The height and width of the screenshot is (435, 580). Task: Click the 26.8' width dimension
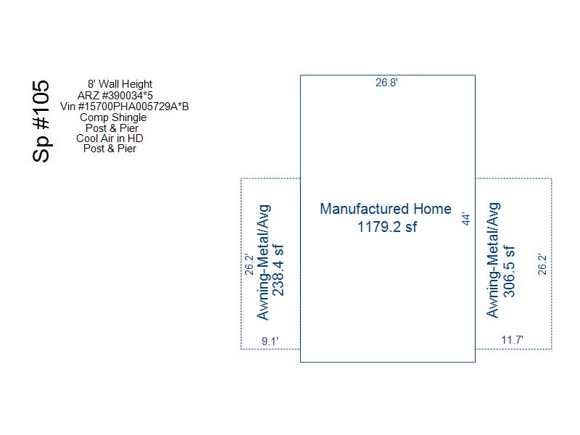[x=386, y=83]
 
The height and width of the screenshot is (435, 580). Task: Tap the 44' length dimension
[x=466, y=219]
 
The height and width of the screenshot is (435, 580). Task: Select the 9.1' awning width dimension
[x=270, y=341]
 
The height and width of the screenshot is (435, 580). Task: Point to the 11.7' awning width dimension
[x=513, y=339]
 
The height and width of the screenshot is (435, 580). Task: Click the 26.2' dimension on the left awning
[x=249, y=264]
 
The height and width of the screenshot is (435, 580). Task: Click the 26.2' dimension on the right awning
[x=542, y=264]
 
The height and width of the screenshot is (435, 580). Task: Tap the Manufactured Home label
[x=386, y=209]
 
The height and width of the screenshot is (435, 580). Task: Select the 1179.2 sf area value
[x=387, y=227]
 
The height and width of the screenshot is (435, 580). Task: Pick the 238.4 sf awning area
[x=278, y=270]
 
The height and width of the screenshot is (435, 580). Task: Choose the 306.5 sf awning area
[x=509, y=271]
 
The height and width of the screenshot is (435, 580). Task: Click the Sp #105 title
[x=41, y=121]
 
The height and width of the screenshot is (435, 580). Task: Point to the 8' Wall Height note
[x=120, y=84]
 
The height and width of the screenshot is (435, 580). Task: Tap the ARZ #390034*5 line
[x=115, y=96]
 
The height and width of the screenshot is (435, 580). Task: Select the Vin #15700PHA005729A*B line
[x=125, y=107]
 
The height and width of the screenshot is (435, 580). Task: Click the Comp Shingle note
[x=113, y=117]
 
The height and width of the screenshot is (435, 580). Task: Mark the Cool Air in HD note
[x=109, y=138]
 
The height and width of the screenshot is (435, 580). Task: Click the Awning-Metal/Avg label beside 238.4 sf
[x=264, y=262]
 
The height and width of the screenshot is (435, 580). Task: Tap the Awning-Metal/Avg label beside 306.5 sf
[x=493, y=260]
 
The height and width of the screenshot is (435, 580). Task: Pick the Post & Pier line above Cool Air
[x=112, y=128]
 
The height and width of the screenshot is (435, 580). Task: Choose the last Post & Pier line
[x=110, y=149]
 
